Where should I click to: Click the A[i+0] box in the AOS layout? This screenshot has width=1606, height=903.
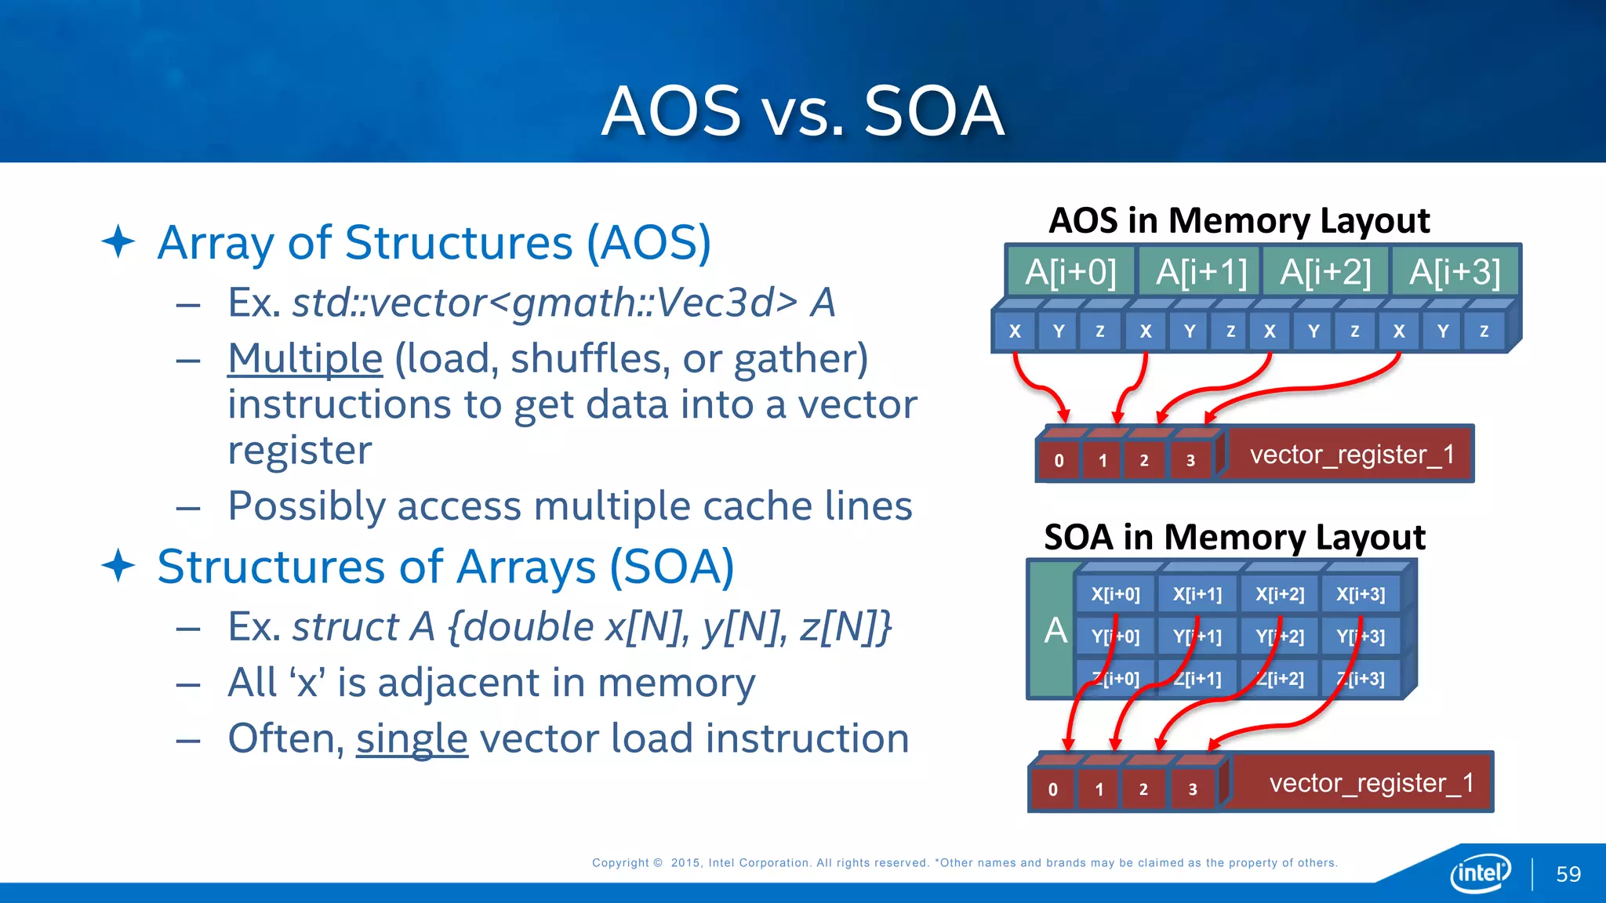tap(1070, 272)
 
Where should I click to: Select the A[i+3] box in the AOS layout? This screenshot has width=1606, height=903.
tap(1455, 272)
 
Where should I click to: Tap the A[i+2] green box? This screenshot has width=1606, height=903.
tap(1325, 272)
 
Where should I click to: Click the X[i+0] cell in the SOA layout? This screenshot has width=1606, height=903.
tap(1115, 594)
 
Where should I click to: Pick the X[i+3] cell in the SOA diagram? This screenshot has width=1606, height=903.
tap(1361, 594)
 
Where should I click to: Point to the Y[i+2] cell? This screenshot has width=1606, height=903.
tap(1280, 636)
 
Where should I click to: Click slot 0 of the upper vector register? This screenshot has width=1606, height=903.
tap(1059, 460)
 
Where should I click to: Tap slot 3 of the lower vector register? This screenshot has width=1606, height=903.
tap(1192, 789)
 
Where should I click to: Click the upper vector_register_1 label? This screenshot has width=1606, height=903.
tap(1351, 455)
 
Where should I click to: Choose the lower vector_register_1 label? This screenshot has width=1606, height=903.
tap(1371, 782)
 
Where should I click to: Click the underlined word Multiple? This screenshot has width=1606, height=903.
tap(305, 358)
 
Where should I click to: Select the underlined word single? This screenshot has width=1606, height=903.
tap(412, 738)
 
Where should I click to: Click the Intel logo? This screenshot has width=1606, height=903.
tap(1480, 872)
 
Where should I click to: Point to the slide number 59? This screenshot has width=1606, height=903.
tap(1568, 874)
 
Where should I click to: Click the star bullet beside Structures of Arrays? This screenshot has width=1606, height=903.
tap(118, 566)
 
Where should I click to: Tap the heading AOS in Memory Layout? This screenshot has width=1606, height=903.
tap(1239, 220)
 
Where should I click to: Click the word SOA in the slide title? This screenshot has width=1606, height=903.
tap(933, 111)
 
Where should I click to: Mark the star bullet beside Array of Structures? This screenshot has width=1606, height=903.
tap(118, 241)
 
